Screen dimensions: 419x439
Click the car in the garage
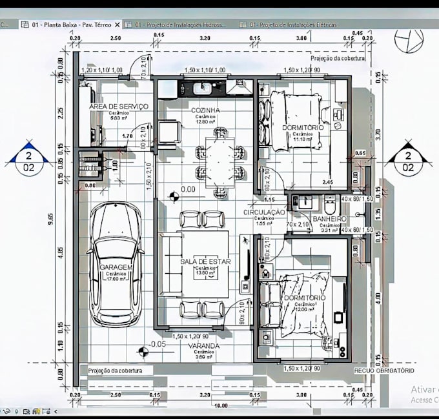(x=116, y=265)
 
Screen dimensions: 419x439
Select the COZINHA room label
(x=205, y=110)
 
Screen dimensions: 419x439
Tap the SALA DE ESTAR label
(x=205, y=261)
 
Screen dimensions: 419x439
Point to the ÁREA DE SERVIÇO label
(x=119, y=106)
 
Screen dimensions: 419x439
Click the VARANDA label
(x=203, y=346)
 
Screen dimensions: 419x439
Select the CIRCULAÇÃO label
(x=264, y=212)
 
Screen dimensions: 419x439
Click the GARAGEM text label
(x=116, y=267)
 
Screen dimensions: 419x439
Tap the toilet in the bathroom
(x=329, y=205)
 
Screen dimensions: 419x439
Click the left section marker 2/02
(x=28, y=161)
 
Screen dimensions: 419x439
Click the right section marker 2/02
(x=407, y=161)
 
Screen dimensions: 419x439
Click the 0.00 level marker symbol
(x=173, y=196)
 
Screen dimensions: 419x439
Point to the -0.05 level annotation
(x=157, y=344)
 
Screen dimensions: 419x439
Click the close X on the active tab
(x=117, y=25)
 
